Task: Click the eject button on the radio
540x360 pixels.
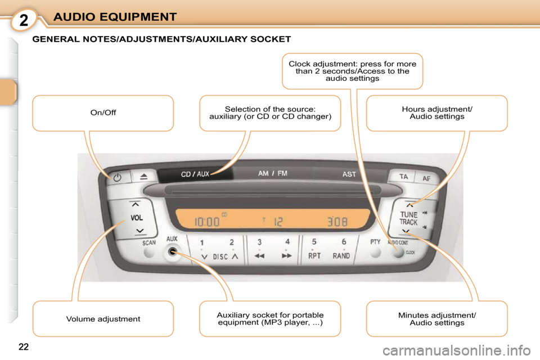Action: pyautogui.click(x=144, y=177)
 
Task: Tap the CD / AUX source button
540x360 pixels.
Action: pyautogui.click(x=195, y=174)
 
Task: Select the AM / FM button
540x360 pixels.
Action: pyautogui.click(x=273, y=173)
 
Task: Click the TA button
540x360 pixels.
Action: pyautogui.click(x=403, y=177)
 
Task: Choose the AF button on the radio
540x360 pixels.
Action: pyautogui.click(x=427, y=178)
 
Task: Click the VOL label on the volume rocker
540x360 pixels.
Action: pyautogui.click(x=136, y=218)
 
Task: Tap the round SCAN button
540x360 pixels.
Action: pyautogui.click(x=149, y=253)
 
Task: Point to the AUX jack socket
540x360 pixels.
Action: pyautogui.click(x=173, y=252)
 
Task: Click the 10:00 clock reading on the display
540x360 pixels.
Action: pyautogui.click(x=207, y=222)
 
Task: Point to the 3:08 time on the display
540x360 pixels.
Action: pyautogui.click(x=337, y=222)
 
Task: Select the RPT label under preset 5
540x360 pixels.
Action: pyautogui.click(x=314, y=256)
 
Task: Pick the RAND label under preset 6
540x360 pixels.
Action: pyautogui.click(x=341, y=256)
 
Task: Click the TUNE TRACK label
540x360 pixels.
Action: pyautogui.click(x=408, y=218)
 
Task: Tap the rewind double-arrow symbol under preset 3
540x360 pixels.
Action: pyautogui.click(x=259, y=256)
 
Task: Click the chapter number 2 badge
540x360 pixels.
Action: pyautogui.click(x=24, y=20)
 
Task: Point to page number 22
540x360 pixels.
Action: pyautogui.click(x=24, y=347)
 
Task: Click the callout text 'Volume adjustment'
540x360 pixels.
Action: pyautogui.click(x=103, y=319)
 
